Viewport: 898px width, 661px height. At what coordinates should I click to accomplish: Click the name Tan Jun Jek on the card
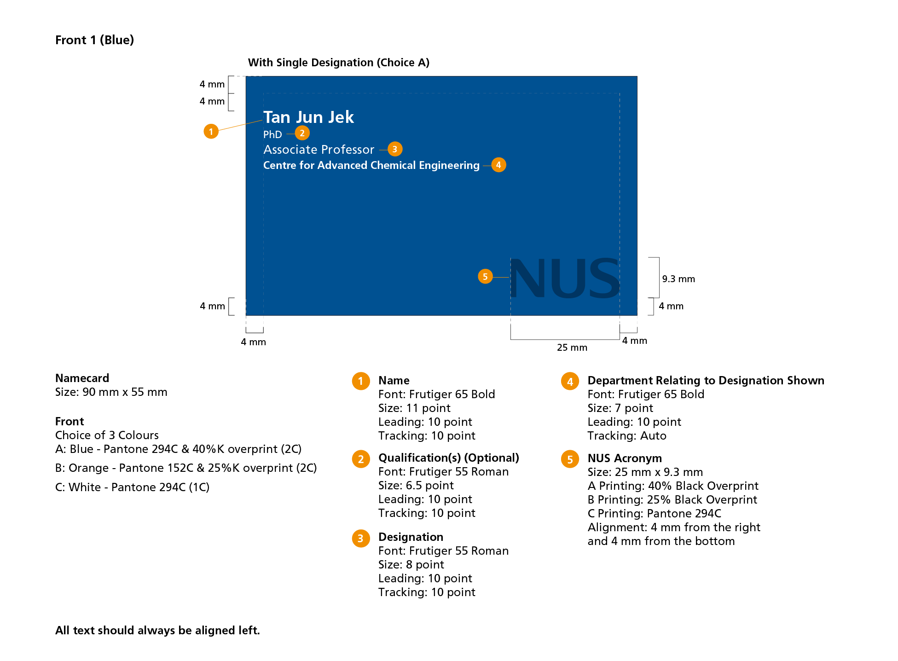(308, 117)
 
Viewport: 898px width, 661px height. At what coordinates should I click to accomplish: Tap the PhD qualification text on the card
(272, 134)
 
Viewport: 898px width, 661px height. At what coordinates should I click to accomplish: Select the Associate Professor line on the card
(319, 150)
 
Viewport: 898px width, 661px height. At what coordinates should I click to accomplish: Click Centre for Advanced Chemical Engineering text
(371, 165)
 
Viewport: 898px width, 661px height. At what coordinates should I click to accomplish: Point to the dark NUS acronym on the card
(565, 278)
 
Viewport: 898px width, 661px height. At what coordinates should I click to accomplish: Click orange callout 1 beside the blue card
(211, 132)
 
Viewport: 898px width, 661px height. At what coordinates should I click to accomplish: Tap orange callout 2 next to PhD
(302, 133)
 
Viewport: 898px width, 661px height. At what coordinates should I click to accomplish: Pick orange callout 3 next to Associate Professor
(395, 149)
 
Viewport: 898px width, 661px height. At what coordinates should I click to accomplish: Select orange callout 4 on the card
(498, 165)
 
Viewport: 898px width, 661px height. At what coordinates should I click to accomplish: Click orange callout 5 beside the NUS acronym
(485, 276)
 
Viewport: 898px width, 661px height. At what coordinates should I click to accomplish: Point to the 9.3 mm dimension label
(678, 279)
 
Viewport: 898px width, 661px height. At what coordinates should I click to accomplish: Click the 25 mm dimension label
(572, 348)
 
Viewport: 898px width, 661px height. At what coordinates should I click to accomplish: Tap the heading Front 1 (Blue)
(94, 40)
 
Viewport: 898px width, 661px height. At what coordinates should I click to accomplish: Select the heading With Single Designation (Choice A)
(338, 63)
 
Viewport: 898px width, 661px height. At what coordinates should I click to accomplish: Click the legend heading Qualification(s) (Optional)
(448, 458)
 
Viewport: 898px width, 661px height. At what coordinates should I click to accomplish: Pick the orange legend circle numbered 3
(361, 538)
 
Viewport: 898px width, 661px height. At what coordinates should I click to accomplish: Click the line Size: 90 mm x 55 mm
(111, 392)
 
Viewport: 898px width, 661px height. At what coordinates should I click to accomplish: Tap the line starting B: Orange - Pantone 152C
(186, 468)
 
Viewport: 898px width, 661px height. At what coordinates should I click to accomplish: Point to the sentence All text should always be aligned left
(157, 630)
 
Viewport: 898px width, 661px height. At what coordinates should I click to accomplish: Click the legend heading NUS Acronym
(625, 458)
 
